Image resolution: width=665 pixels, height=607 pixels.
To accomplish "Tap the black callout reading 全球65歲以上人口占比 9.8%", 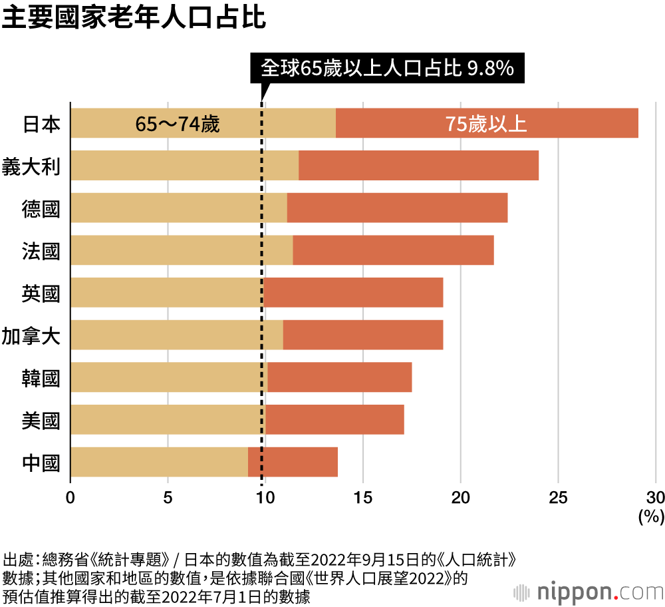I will point(387,68).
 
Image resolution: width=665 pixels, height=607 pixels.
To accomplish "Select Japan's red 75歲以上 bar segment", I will point(487,123).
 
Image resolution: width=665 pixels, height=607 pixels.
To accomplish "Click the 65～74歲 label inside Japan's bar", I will point(177,124).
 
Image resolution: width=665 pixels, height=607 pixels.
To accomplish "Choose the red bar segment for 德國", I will point(397,208).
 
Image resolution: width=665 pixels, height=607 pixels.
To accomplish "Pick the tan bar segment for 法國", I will point(181,250).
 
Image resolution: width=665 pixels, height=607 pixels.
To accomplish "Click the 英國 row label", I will point(41,293).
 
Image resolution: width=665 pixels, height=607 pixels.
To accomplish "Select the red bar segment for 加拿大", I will point(363,335).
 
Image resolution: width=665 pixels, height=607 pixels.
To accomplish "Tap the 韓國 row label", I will point(41,377).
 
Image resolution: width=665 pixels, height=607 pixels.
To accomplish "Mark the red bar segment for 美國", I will point(334,419).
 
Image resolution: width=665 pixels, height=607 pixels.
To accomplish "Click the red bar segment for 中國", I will point(293,462).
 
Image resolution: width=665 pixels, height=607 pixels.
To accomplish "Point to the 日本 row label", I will point(41,124).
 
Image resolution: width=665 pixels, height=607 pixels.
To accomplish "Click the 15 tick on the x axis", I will point(362,497).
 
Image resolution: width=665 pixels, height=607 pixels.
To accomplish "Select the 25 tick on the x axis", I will point(558,497).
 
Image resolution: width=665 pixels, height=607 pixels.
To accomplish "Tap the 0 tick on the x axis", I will point(70,497).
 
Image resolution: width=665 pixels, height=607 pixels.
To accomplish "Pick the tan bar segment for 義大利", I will point(184,166).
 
